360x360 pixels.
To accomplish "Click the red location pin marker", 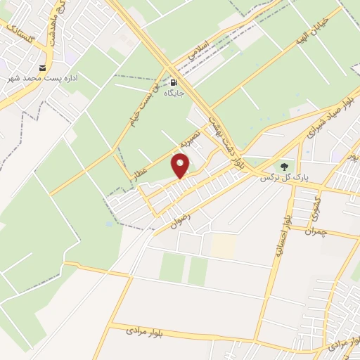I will pyautogui.click(x=181, y=166).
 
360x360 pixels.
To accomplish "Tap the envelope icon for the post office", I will pyautogui.click(x=42, y=67).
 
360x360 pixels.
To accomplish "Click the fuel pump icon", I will pyautogui.click(x=172, y=82).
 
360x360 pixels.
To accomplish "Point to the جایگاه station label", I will pyautogui.click(x=173, y=92).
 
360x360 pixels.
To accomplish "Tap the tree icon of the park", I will pyautogui.click(x=284, y=167).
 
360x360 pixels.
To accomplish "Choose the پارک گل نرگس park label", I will pyautogui.click(x=276, y=177).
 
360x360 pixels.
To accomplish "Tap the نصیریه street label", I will pyautogui.click(x=191, y=136).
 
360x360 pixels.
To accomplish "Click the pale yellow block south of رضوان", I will pyautogui.click(x=223, y=245).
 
